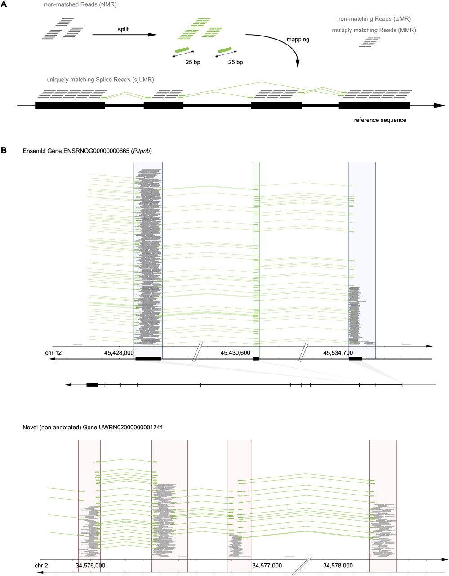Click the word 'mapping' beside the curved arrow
tap(298, 40)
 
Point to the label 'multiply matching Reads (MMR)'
tap(374, 30)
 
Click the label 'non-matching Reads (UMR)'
tap(374, 19)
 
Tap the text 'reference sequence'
tap(380, 120)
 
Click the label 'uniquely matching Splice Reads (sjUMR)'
tap(100, 80)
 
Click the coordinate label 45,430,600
tap(236, 353)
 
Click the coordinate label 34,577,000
tap(267, 565)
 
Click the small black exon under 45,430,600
tap(256, 359)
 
